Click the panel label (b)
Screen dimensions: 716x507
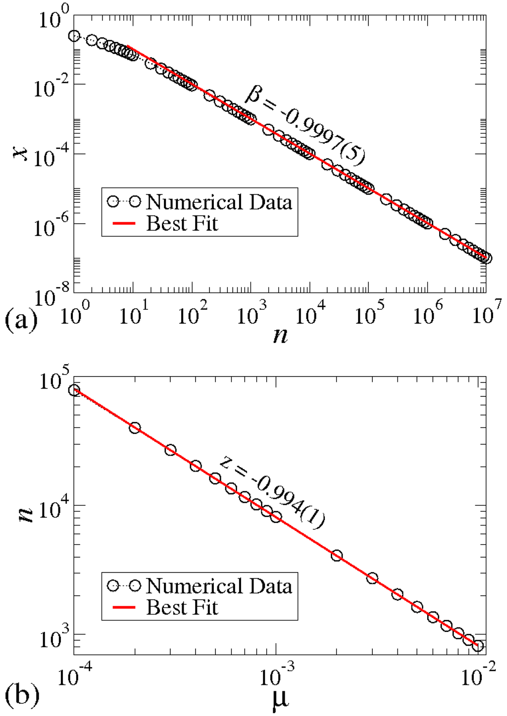pos(21,694)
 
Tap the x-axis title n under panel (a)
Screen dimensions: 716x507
pos(280,335)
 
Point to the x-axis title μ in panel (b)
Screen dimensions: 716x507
pos(280,698)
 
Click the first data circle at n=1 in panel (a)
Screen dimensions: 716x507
pos(74,36)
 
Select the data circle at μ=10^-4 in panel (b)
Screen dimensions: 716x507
pos(74,390)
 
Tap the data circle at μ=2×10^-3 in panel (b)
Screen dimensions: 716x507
pos(337,556)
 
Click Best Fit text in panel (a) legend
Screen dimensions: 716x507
pos(182,224)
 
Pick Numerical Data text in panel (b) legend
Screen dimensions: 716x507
pos(219,586)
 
